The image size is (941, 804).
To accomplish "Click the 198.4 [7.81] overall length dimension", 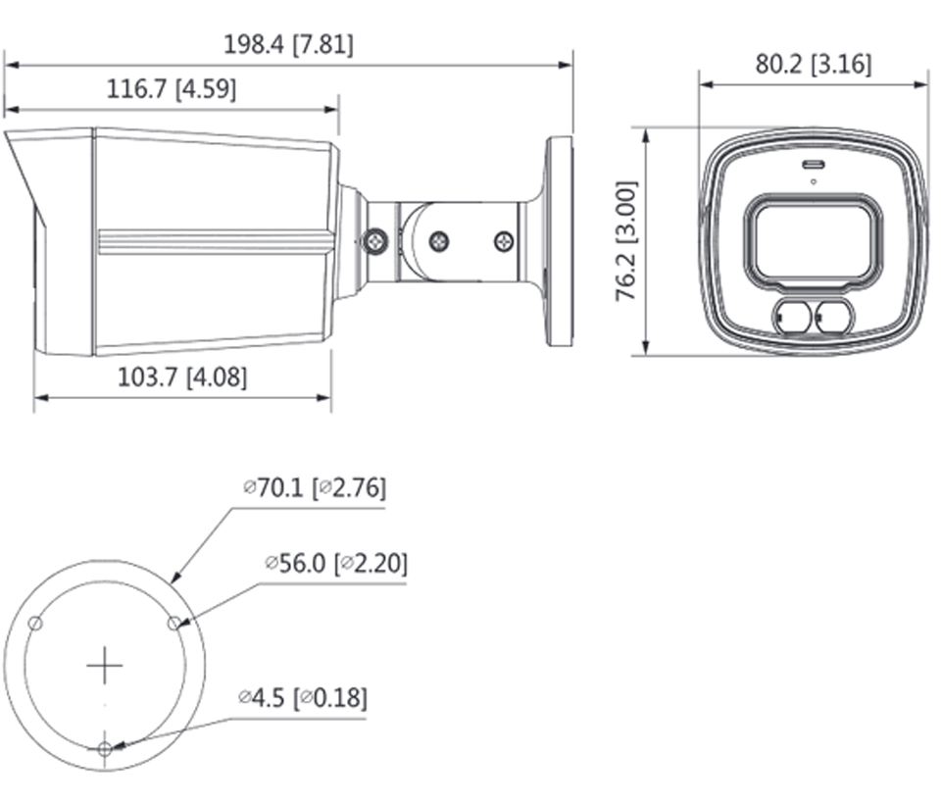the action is pos(288,45).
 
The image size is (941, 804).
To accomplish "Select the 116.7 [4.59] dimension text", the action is pos(171,89).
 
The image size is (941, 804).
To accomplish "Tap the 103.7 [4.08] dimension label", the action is pos(182,377).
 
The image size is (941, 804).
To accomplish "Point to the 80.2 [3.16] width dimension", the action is pos(813,65).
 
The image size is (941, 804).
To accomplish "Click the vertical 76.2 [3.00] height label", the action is pos(626,240).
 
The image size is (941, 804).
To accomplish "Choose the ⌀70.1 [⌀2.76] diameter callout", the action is pos(315,487).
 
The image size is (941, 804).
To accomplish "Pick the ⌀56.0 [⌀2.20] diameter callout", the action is pos(336,563).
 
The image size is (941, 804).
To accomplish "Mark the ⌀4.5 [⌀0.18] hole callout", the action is pos(303,698).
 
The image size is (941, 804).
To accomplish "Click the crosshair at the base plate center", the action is pos(105,666).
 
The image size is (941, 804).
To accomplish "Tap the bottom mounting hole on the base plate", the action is pos(105,749).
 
